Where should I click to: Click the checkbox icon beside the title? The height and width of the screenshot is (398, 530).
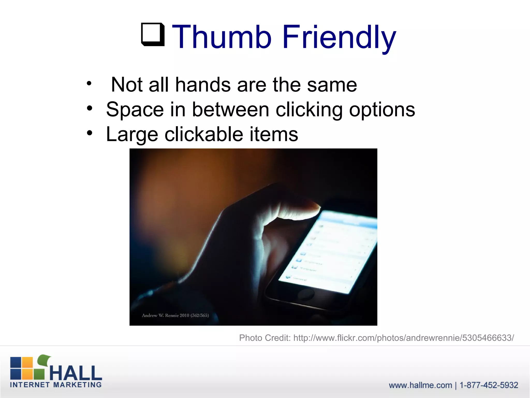(x=153, y=34)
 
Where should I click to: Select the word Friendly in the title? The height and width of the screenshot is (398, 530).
(x=339, y=37)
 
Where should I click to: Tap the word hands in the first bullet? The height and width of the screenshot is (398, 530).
(x=203, y=85)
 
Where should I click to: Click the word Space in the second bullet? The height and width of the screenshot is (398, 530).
(x=135, y=110)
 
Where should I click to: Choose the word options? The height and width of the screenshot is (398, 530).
(x=382, y=110)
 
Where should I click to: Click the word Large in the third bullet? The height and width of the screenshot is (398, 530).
(x=132, y=134)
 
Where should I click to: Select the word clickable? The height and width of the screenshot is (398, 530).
(x=204, y=134)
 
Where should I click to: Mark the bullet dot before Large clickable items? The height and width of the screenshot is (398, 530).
(x=89, y=133)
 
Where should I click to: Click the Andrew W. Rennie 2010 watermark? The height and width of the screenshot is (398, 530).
(x=175, y=315)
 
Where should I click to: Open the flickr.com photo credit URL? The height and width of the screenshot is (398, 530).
(x=403, y=338)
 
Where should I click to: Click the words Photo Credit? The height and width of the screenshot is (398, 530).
(x=265, y=338)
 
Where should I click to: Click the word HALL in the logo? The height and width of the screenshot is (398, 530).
(x=76, y=373)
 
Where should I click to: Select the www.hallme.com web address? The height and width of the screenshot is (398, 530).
(x=420, y=385)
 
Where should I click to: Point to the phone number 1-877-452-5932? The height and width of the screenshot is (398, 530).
(x=489, y=385)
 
